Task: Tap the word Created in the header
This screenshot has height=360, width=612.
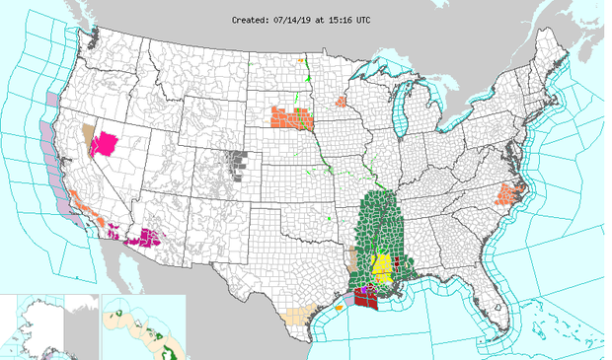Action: click(x=253, y=19)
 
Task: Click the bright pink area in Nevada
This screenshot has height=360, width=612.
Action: click(x=104, y=145)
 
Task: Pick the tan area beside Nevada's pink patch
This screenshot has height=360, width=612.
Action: click(x=87, y=132)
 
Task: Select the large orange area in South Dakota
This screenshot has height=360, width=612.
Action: click(x=292, y=117)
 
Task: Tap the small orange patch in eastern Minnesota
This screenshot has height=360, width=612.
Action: click(x=342, y=101)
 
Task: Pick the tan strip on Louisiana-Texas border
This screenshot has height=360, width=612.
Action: click(x=353, y=259)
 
